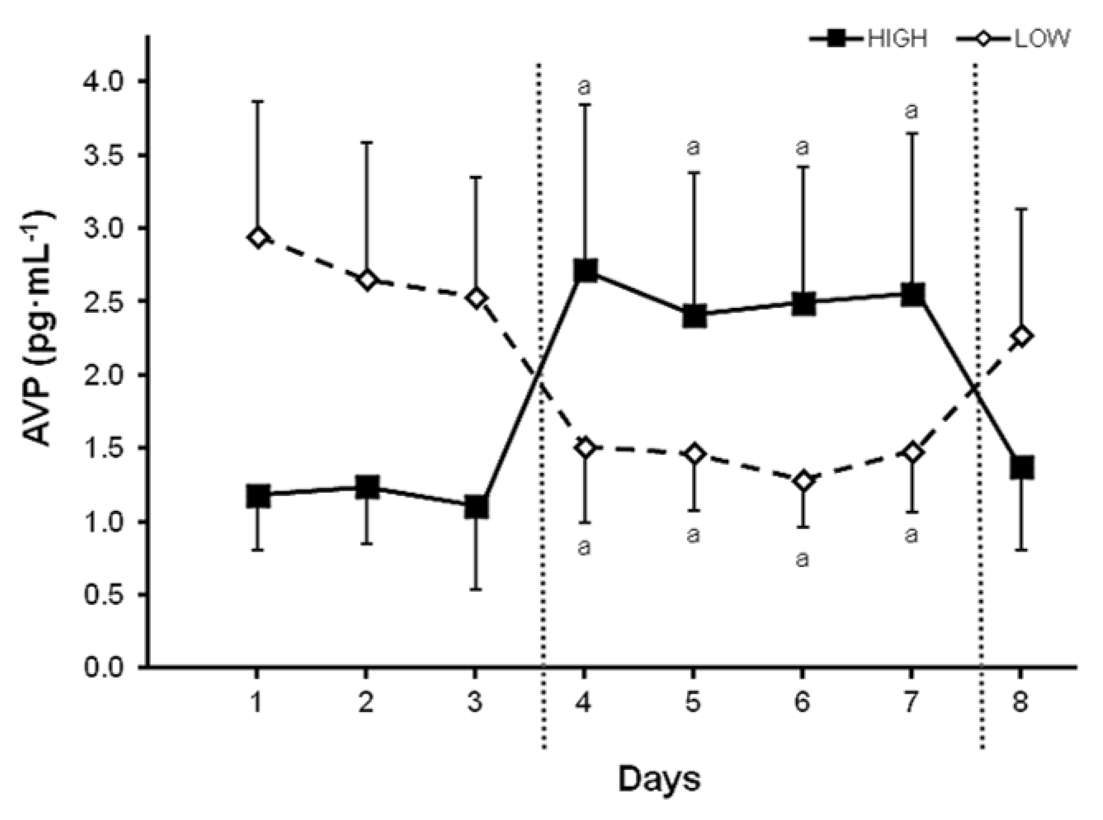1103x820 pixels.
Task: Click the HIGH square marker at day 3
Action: (476, 507)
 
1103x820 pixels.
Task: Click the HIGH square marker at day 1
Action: (258, 496)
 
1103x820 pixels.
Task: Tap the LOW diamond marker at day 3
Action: (476, 298)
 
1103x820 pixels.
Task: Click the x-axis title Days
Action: (659, 779)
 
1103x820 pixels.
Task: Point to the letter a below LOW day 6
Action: (802, 559)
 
